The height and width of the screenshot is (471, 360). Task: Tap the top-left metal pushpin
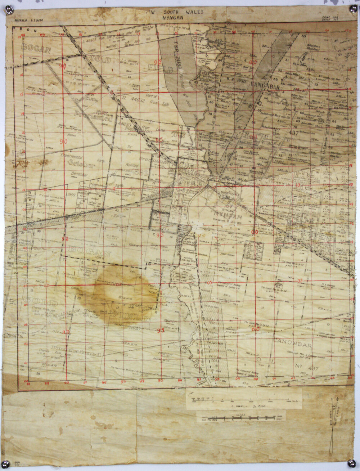click(x=10, y=10)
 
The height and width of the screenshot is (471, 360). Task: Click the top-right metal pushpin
click(x=353, y=9)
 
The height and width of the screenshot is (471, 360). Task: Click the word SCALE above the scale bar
click(x=241, y=414)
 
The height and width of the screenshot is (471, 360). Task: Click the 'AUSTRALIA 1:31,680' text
click(x=29, y=21)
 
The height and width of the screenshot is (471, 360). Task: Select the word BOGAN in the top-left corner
click(x=36, y=49)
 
